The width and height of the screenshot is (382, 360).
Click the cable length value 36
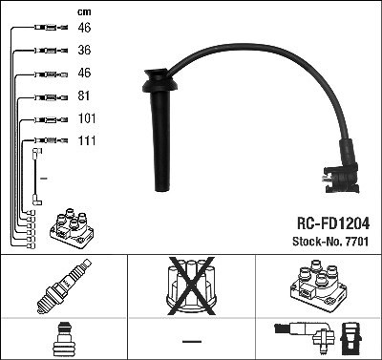tap(84, 50)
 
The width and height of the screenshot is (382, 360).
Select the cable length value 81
tap(84, 95)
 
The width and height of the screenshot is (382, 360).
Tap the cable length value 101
tap(87, 118)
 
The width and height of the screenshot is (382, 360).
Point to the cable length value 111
tap(87, 140)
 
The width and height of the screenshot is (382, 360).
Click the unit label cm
tap(84, 12)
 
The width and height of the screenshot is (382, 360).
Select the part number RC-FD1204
tap(333, 223)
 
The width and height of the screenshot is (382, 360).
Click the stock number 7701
tap(356, 242)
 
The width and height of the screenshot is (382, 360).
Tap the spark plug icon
tap(64, 286)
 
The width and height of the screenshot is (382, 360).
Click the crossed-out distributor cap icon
tap(191, 286)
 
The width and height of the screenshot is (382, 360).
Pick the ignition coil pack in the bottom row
tap(318, 285)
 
